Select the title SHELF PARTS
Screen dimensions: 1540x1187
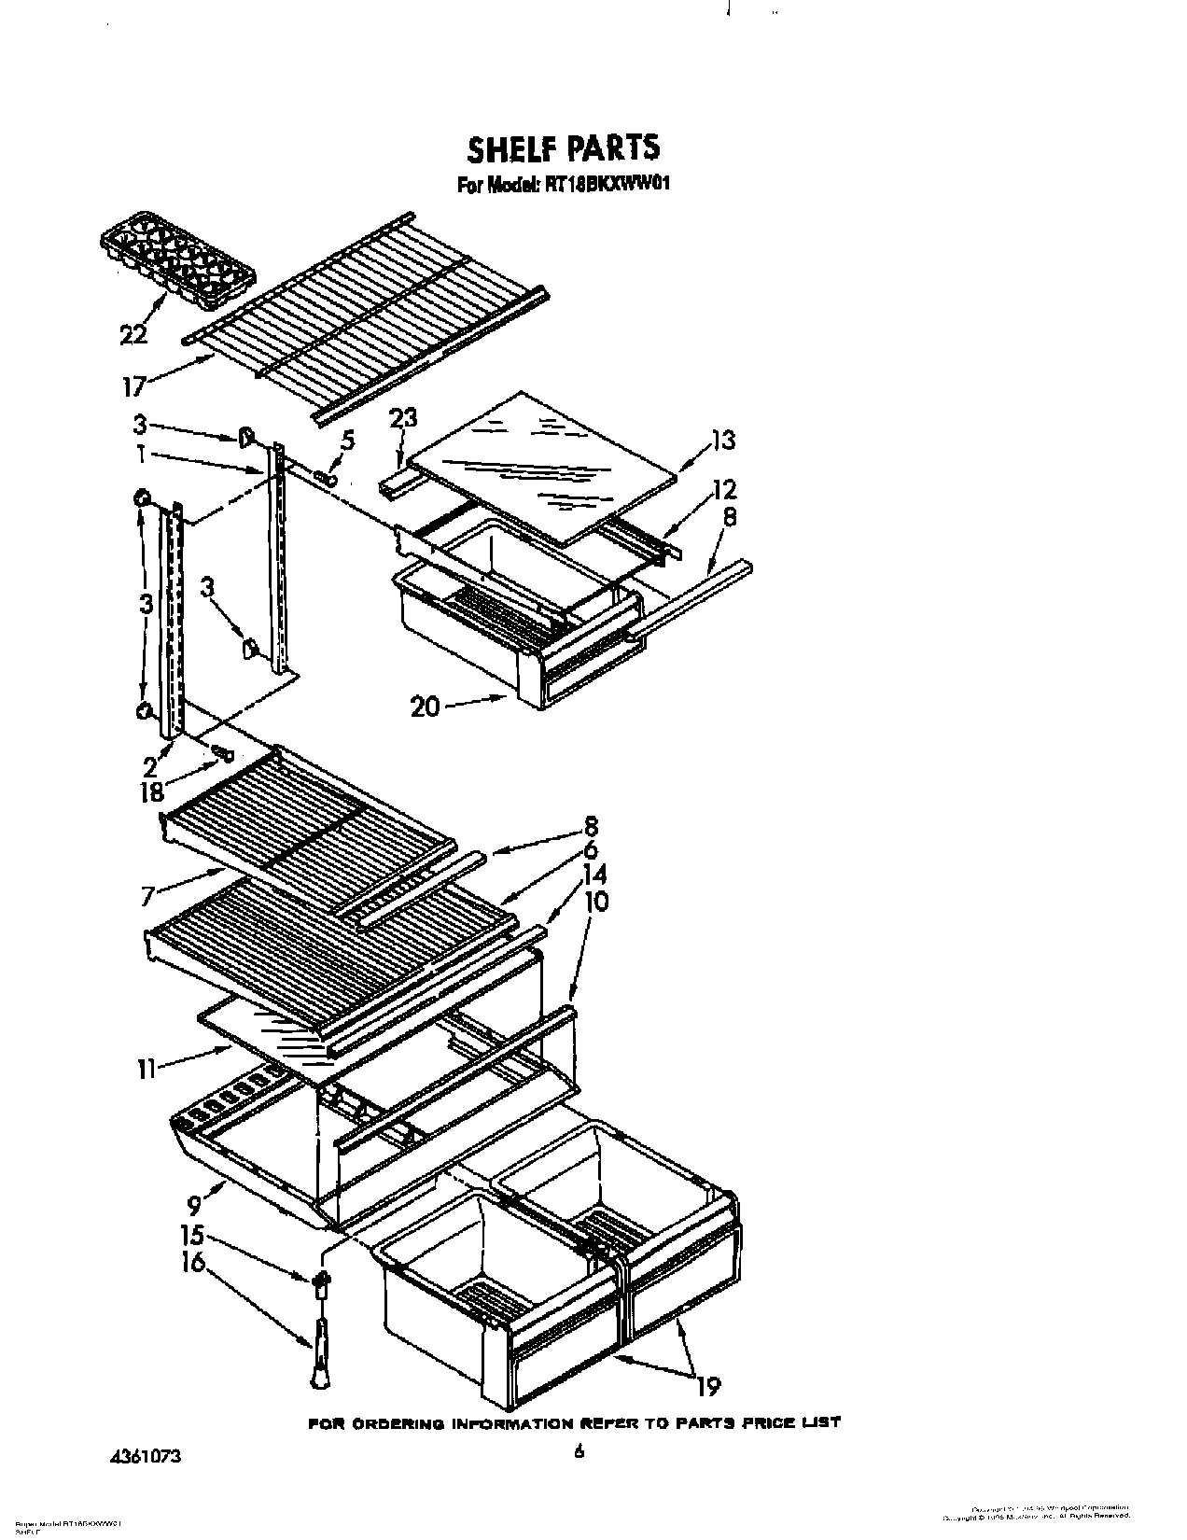pyautogui.click(x=563, y=148)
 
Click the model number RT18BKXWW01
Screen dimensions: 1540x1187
pyautogui.click(x=608, y=185)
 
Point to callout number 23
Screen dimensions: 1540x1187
pyautogui.click(x=404, y=419)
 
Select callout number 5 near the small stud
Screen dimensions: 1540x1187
pyautogui.click(x=347, y=439)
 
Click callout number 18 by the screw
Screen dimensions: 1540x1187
pyautogui.click(x=149, y=792)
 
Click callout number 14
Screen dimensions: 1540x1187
pyautogui.click(x=593, y=874)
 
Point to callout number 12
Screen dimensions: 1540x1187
pyautogui.click(x=723, y=489)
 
